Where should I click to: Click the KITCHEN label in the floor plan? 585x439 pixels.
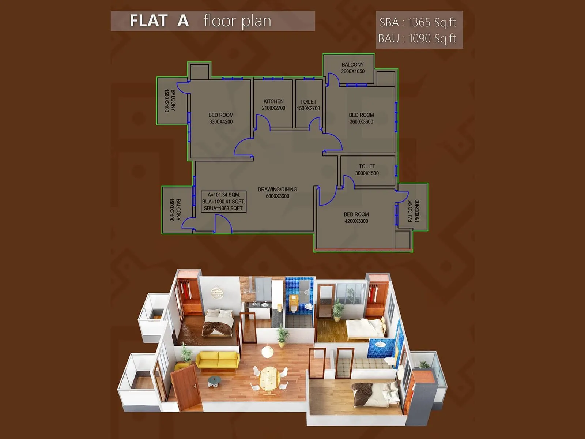tap(273, 101)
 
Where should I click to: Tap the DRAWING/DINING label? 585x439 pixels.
tap(277, 190)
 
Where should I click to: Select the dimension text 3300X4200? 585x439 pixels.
tap(221, 122)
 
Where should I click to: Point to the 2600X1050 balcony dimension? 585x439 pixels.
tap(352, 71)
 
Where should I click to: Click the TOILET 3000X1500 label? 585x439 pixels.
tap(367, 170)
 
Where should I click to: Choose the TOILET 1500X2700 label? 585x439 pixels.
tap(308, 105)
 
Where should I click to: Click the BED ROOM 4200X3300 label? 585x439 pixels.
tap(356, 218)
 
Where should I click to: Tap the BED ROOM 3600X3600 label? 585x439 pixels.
tap(361, 118)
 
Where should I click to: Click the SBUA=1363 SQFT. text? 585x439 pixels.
tap(223, 208)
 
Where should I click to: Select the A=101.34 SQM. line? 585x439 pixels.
tap(224, 195)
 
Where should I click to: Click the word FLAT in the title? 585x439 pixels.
tap(148, 21)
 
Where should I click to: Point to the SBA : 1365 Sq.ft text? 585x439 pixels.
tap(418, 23)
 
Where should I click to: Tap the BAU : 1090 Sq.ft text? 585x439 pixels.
tap(417, 38)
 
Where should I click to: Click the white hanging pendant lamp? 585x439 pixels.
tap(267, 352)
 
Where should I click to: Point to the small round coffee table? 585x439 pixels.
tap(214, 382)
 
